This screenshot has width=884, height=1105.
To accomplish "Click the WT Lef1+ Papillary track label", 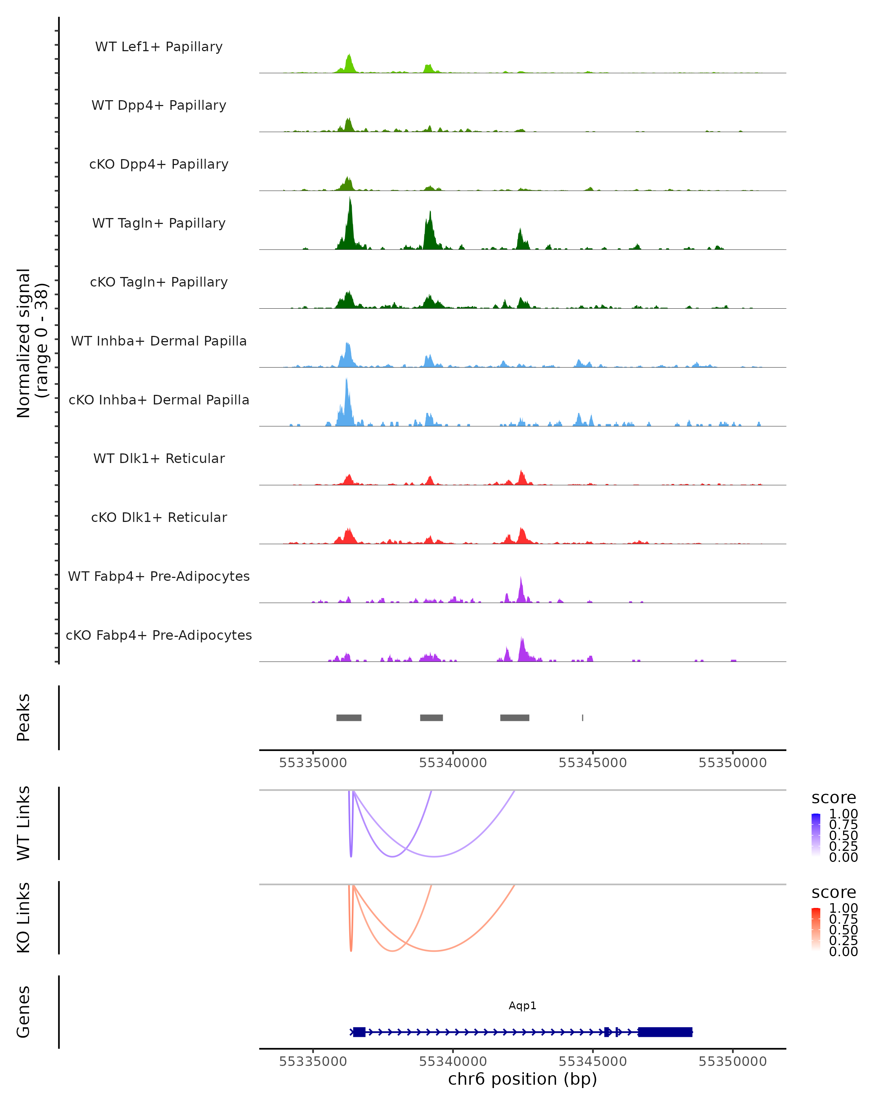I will coord(159,47).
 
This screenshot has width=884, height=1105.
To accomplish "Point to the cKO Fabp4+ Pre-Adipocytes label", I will coord(159,635).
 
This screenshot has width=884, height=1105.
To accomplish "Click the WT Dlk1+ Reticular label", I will coord(159,458).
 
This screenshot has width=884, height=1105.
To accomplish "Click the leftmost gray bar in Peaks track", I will coord(349,718).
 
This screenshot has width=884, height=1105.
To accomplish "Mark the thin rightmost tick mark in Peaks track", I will coord(583,718).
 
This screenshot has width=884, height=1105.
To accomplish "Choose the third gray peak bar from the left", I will coord(515,718).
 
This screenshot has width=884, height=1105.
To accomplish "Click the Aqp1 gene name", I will coord(522,1006).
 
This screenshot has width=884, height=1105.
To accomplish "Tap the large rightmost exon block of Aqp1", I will coord(665,1032).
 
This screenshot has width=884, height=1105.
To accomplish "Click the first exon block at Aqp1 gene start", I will coord(359,1032).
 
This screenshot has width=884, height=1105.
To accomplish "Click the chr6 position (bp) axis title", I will coord(522,1079).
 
